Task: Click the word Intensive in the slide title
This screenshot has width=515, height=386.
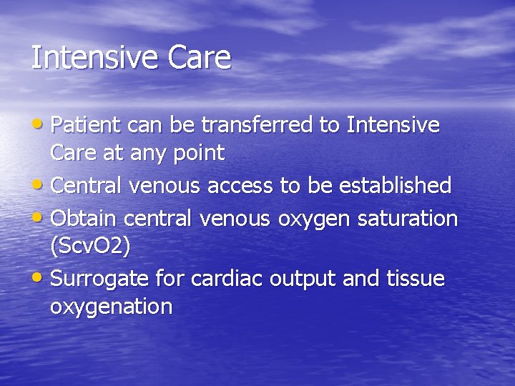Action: [93, 58]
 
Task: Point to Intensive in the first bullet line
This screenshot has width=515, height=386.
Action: [393, 126]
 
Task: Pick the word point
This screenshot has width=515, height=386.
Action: [197, 153]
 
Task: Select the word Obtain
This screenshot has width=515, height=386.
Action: [84, 218]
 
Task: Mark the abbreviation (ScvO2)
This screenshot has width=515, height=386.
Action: [90, 247]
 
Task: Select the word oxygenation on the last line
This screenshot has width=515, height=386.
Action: [111, 307]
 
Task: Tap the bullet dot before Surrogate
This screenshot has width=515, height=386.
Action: [41, 277]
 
